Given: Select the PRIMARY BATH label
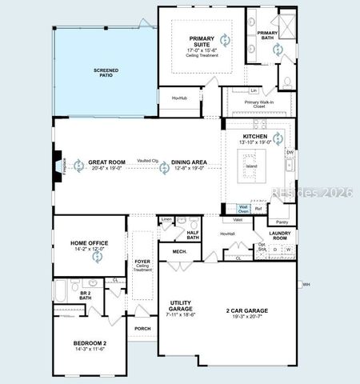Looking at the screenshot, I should (267, 34).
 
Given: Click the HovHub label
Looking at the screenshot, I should (179, 98).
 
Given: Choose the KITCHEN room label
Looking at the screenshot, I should (255, 137).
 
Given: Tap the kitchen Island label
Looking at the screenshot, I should (251, 166).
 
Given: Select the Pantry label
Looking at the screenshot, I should (282, 222).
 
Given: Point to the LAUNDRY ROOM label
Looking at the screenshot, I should (279, 235).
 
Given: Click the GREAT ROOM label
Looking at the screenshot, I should (104, 162).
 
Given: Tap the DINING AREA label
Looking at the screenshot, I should (189, 162).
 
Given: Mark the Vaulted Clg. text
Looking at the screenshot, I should (147, 160).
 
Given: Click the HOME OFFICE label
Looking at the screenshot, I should (89, 243).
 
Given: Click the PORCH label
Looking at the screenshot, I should (142, 328).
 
